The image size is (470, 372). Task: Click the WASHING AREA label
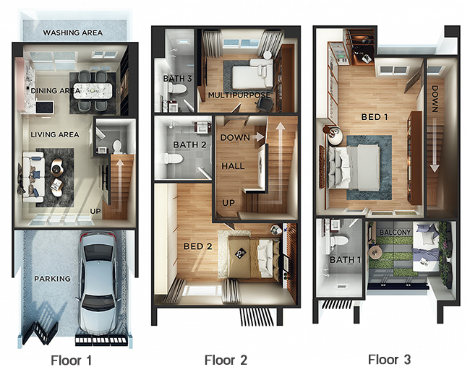[73, 33]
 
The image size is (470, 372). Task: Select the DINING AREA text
[56, 90]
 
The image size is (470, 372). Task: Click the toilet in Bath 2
[174, 159]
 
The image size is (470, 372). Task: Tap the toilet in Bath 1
[340, 241]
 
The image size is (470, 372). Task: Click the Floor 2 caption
[226, 360]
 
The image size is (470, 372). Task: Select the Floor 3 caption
[389, 360]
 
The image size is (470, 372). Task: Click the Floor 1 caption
[72, 360]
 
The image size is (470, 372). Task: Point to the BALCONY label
[395, 233]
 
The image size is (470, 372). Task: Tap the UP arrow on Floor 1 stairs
[119, 185]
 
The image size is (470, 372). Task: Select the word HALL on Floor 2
[234, 166]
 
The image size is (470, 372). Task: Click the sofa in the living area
[33, 177]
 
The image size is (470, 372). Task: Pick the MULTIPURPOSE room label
[239, 95]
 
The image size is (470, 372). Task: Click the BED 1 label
[375, 116]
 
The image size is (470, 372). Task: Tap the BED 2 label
[198, 246]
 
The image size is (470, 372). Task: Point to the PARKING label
[53, 279]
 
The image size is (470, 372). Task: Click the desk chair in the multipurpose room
[265, 104]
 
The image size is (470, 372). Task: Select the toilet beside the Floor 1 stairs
[117, 147]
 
